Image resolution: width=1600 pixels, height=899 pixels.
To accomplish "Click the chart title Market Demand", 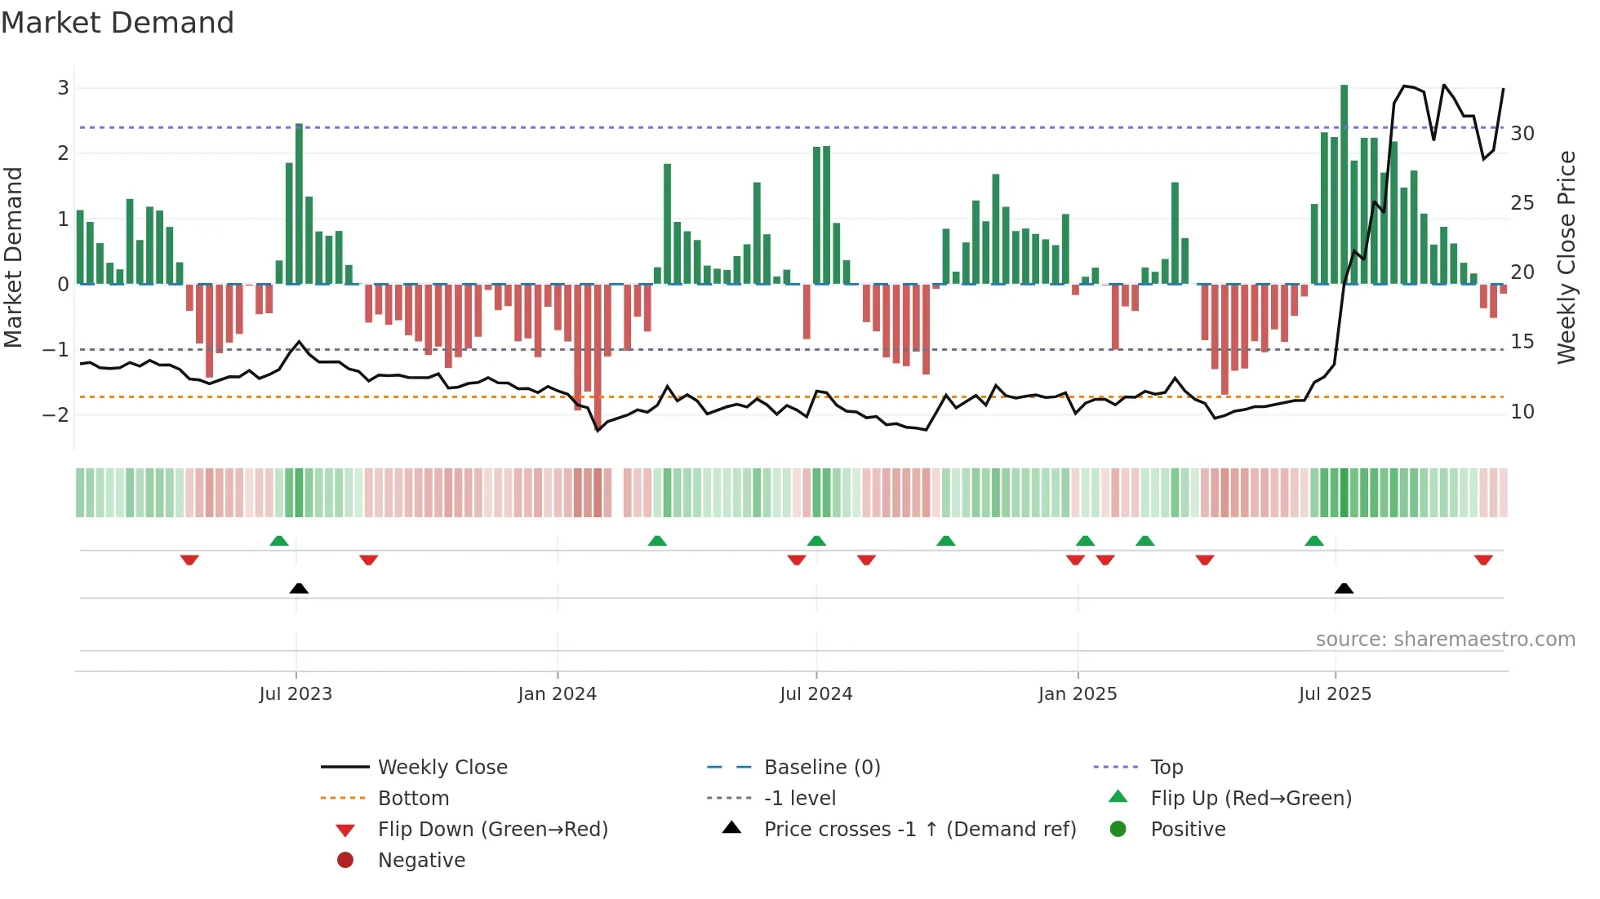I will (118, 23).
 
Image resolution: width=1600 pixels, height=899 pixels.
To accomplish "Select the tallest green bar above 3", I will (1344, 184).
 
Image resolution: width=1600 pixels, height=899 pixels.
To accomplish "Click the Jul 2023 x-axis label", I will (296, 694).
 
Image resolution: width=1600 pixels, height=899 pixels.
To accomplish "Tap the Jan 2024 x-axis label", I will (558, 694).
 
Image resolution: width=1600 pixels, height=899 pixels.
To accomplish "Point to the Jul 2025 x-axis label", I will (1335, 694).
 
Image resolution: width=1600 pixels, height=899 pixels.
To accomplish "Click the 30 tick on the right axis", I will (1522, 134).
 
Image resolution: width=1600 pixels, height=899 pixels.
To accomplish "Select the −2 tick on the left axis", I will (56, 414).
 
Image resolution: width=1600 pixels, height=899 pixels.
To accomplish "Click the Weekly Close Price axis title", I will (1566, 257).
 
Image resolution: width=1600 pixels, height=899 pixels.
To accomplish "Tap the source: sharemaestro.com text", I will (1445, 640).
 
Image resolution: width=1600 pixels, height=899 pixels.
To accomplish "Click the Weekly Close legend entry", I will (442, 768).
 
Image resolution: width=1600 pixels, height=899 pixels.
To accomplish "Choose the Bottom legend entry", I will (413, 799).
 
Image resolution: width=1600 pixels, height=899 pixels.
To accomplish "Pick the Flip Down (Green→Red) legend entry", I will (492, 830).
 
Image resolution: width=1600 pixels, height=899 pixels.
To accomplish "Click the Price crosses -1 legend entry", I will (920, 830).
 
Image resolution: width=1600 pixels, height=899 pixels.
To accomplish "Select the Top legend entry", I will (1167, 768).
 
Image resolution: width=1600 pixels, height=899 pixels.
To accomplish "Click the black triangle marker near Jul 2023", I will (299, 588).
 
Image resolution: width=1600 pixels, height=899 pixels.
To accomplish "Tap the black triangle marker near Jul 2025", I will (1344, 588).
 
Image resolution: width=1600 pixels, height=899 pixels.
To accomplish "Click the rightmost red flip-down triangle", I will (1483, 560).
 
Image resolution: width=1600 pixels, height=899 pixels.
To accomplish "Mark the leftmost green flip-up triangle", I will (279, 541).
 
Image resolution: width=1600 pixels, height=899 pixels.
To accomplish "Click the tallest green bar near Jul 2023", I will (299, 204).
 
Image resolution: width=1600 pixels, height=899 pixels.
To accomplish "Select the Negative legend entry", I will (421, 861).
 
